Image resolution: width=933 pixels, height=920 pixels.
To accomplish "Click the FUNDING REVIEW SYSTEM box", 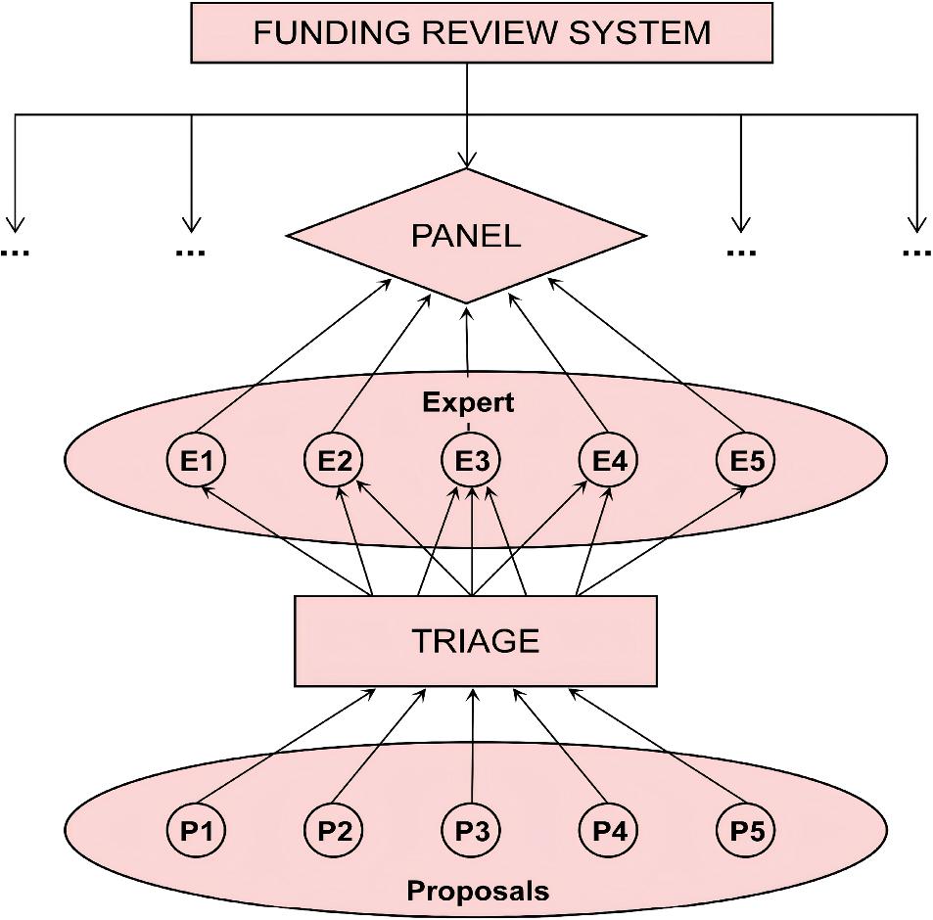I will coord(482,33).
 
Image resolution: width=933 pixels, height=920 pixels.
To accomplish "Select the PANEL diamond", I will coord(466,236).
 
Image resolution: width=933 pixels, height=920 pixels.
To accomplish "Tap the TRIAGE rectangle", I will coord(476,641).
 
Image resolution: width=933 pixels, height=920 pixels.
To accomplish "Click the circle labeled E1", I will coord(198,459).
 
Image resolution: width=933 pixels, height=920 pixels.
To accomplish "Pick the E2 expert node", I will coord(335,459).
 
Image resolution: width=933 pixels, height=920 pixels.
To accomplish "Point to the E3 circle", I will coord(472,459).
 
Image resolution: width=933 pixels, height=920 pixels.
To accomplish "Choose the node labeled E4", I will coord(609,459).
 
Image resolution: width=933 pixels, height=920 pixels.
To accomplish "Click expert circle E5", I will coord(746,459).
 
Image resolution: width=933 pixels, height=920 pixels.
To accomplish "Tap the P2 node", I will coord(335,831).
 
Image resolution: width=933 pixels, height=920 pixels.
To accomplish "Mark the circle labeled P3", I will coord(472,831).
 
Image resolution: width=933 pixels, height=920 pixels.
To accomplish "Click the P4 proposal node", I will coord(609,831).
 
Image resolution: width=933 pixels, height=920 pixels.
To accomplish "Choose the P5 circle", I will coord(746,831).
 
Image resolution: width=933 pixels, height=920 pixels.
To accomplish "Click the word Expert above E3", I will coord(468,402).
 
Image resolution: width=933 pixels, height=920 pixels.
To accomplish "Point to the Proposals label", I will coord(478,891).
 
